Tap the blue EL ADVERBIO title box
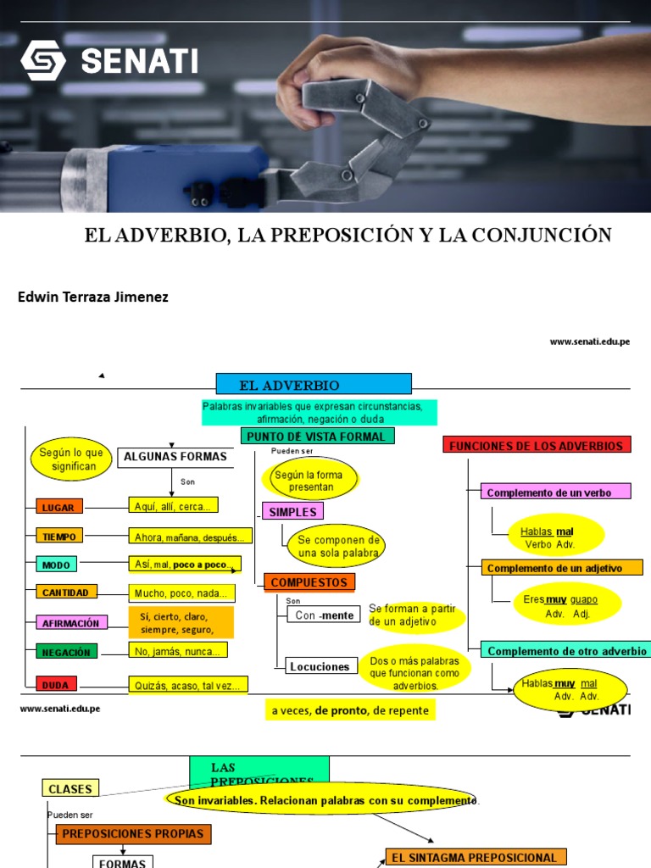point(314,384)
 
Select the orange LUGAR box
point(59,508)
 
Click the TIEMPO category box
point(59,537)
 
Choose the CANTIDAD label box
point(65,593)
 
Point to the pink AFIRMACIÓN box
point(71,623)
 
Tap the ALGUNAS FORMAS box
point(175,457)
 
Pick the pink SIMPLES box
point(292,512)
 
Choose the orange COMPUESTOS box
point(309,583)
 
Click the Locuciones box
point(320,666)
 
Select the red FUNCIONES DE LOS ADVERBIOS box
point(537,446)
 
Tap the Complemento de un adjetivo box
point(562,568)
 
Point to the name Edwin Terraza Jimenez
point(93,297)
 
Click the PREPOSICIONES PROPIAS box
point(133,834)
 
